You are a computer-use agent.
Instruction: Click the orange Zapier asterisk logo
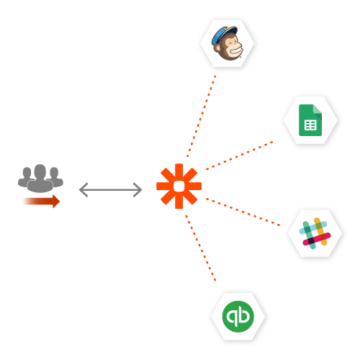pyautogui.click(x=179, y=186)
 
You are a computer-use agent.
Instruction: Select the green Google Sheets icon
pyautogui.click(x=310, y=120)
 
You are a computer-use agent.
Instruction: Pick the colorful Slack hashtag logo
pyautogui.click(x=315, y=233)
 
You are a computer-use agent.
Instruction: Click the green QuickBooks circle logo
pyautogui.click(x=238, y=317)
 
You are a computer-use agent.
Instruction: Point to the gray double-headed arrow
pyautogui.click(x=110, y=189)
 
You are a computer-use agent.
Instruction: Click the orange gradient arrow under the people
pyautogui.click(x=40, y=201)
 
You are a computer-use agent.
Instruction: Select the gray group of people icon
pyautogui.click(x=40, y=179)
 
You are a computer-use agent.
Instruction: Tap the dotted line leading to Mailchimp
pyautogui.click(x=202, y=115)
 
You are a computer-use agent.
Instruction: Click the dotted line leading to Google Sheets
pyautogui.click(x=240, y=156)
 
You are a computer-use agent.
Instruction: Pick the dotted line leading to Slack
pyautogui.click(x=243, y=212)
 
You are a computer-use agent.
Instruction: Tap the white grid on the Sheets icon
pyautogui.click(x=310, y=125)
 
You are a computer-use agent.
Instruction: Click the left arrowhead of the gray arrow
pyautogui.click(x=82, y=189)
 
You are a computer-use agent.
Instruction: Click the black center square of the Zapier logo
pyautogui.click(x=179, y=186)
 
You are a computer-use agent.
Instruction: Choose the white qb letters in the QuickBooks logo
pyautogui.click(x=238, y=317)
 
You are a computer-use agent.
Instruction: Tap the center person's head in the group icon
pyautogui.click(x=40, y=171)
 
